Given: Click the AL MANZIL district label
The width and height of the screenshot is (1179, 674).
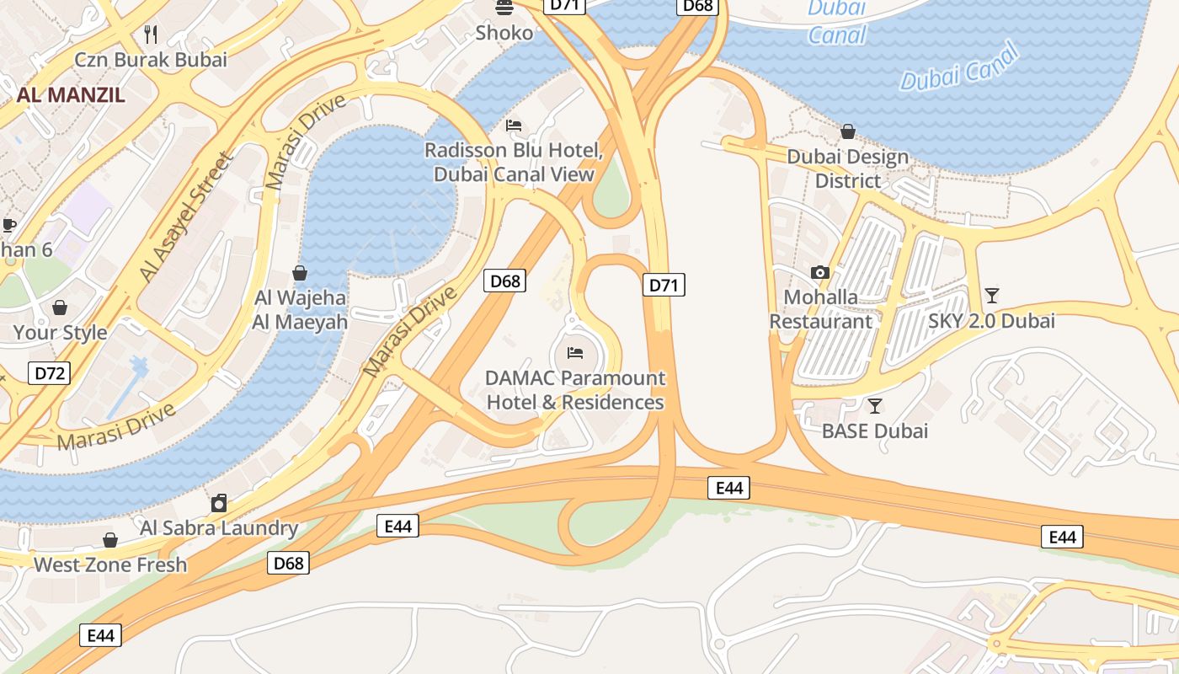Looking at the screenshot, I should click(x=71, y=94).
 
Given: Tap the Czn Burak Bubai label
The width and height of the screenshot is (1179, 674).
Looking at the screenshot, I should click(x=151, y=60).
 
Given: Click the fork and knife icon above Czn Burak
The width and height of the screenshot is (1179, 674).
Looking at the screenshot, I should click(x=152, y=35).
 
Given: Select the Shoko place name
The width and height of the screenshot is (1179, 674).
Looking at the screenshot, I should click(x=504, y=33).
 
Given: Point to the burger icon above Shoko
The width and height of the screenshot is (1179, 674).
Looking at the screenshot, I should click(x=504, y=8).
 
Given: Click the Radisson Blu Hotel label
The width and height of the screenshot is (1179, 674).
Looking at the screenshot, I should click(x=514, y=163).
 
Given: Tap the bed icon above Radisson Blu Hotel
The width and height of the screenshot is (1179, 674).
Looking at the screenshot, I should click(x=514, y=126).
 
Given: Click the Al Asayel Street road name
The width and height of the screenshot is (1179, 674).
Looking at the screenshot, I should click(x=185, y=217).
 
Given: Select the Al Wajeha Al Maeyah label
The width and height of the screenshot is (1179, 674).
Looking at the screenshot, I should click(x=300, y=309).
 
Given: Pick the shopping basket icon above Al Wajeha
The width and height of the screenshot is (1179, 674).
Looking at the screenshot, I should click(x=300, y=273).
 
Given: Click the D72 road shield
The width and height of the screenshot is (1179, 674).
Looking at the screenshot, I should click(x=48, y=373).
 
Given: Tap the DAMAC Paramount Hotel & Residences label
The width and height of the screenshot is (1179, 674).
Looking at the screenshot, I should click(x=576, y=390).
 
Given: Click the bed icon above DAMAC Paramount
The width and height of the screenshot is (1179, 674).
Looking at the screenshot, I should click(x=576, y=352).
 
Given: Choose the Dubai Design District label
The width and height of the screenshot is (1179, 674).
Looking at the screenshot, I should click(x=848, y=168).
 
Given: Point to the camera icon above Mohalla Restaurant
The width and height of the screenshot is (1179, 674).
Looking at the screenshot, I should click(x=820, y=272).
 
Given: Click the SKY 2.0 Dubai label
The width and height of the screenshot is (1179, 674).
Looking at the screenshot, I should click(x=992, y=321).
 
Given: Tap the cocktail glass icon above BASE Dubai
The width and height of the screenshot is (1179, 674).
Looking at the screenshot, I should click(x=875, y=406).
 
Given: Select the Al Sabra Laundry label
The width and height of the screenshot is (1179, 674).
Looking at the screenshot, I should click(x=219, y=528).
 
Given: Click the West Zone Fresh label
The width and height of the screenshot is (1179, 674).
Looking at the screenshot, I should click(x=110, y=564).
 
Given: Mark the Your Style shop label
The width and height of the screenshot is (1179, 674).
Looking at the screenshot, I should click(x=60, y=332).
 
